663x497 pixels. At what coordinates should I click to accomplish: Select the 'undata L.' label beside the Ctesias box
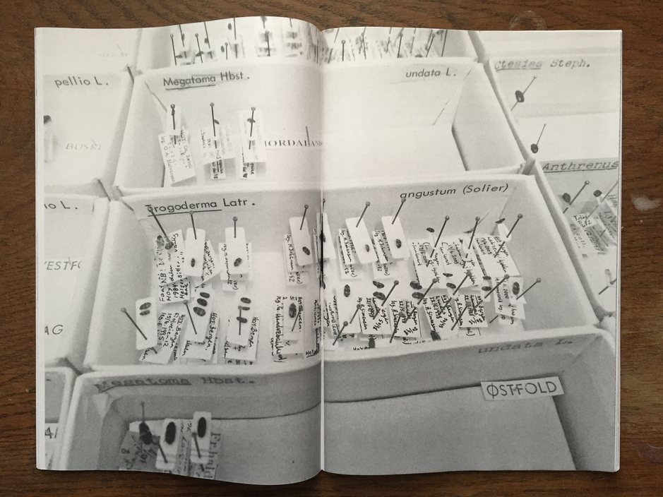click(431, 72)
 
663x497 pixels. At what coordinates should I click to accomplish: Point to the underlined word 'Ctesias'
click(519, 64)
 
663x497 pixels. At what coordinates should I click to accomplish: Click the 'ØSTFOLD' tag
click(521, 388)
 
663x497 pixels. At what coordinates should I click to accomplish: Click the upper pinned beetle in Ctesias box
click(520, 97)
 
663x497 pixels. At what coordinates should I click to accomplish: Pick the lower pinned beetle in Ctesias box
click(534, 148)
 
